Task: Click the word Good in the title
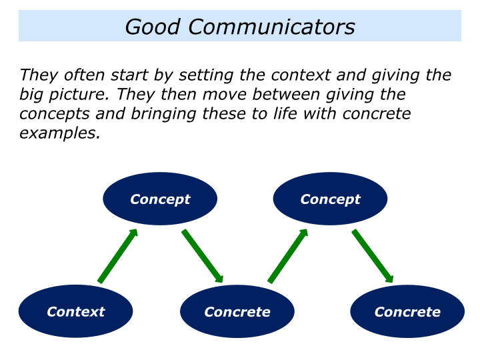pos(153,27)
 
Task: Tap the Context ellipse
pos(75,311)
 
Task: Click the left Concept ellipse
pos(160,199)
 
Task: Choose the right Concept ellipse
pos(330,199)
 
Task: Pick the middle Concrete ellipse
pos(237,311)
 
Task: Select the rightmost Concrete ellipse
pos(407,311)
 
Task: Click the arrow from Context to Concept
pos(118,256)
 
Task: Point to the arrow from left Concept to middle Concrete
pos(203,256)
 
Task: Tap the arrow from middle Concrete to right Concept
pos(288,256)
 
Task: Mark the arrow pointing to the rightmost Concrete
pos(373,256)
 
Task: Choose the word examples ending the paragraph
pos(59,133)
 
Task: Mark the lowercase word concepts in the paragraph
pos(49,114)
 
